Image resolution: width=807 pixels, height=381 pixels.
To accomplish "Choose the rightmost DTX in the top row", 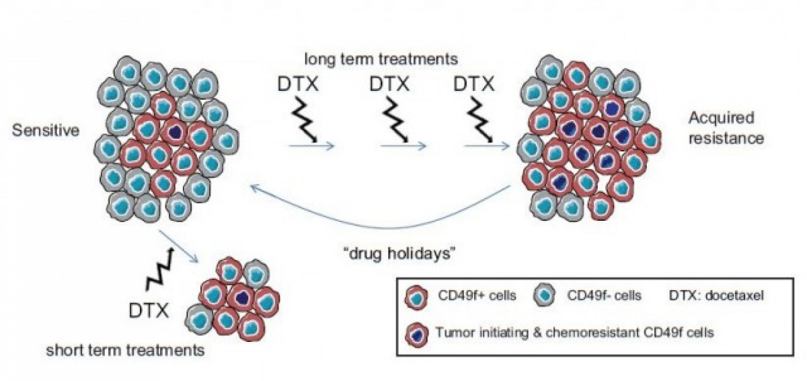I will coord(473,85).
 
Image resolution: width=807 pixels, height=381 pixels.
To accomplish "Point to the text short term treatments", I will coord(125,350).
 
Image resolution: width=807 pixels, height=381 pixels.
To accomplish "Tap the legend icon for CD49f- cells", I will coord(545,297).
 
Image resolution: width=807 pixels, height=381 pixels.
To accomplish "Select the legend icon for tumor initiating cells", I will coord(416,332).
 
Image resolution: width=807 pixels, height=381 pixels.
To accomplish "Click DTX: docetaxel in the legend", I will coord(717,296).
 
